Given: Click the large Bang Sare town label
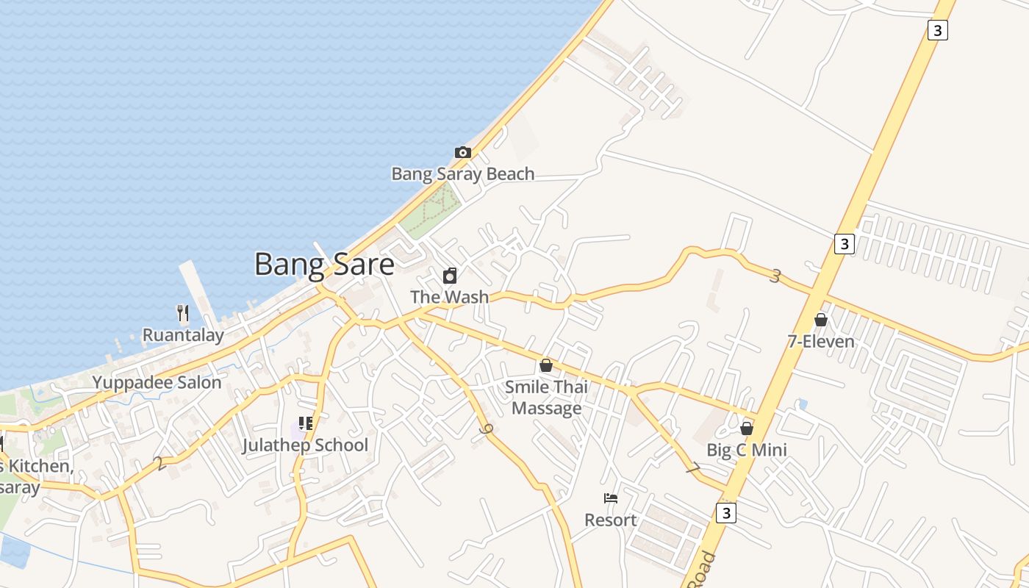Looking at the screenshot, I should (x=324, y=264).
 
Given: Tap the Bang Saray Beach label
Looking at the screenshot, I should (x=462, y=174).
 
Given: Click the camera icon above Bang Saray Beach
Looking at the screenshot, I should (x=463, y=153).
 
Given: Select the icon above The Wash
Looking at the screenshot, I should (x=450, y=276).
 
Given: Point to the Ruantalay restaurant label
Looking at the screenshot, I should (x=183, y=336).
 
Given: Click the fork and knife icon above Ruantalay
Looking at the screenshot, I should (x=183, y=314).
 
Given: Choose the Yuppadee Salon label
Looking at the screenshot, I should (x=157, y=382).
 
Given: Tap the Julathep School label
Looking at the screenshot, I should (x=305, y=445).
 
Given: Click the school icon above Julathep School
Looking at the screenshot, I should (x=306, y=423).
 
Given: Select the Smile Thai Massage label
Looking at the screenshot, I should (x=546, y=397).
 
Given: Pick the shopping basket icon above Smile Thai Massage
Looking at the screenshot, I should (x=546, y=365).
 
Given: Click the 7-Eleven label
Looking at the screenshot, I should (x=821, y=342).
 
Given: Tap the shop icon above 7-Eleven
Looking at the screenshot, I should (x=821, y=320).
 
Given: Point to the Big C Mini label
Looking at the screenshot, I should (x=747, y=450).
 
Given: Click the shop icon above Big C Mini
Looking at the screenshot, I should (x=747, y=429).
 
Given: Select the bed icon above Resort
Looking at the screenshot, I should (x=611, y=498).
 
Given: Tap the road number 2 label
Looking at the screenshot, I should (x=159, y=464).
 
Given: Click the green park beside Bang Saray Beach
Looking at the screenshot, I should (x=430, y=209).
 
